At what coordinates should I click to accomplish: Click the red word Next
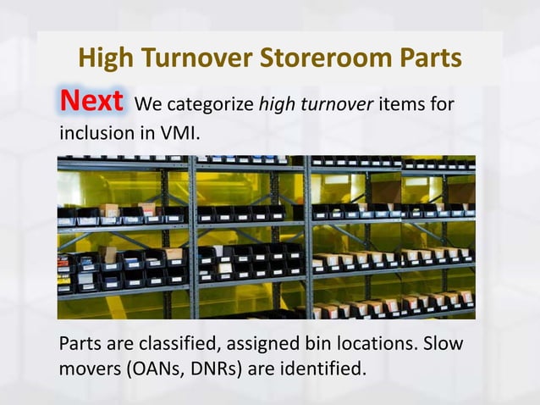point(92,103)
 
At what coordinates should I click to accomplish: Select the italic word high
point(278,106)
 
